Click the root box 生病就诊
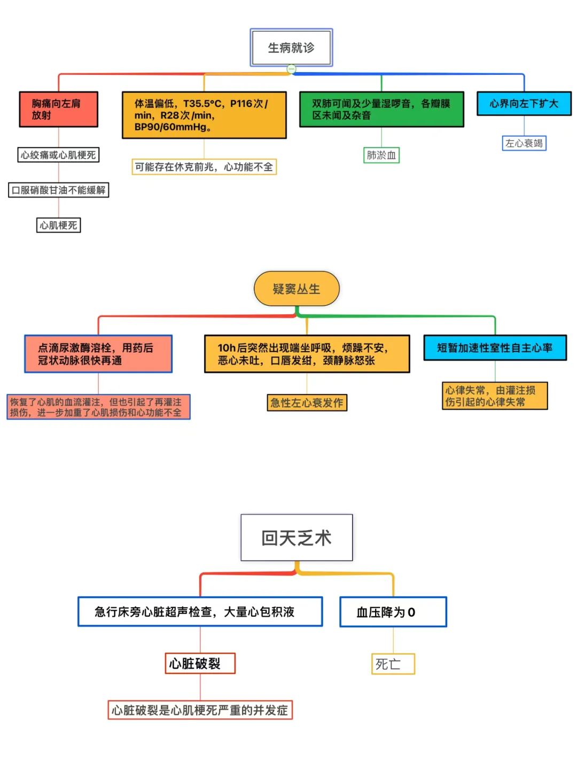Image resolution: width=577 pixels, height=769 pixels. pos(291,48)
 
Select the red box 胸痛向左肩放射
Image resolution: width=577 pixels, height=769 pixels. pos(58,109)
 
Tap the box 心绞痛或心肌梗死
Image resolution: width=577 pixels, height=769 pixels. pos(58,155)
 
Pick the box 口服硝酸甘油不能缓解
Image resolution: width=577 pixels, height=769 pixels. pos(58,190)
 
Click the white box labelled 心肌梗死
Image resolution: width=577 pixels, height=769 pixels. pos(58,225)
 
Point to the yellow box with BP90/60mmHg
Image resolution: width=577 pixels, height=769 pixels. pos(204,115)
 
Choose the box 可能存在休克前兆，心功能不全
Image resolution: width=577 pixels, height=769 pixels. pos(204,167)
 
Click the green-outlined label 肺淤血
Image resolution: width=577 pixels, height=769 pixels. pos(381,155)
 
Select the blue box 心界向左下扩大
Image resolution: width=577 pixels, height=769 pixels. pos(524,104)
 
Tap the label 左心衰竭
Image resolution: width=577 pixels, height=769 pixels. pos(524,143)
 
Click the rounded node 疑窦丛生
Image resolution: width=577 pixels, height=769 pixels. pos(297,289)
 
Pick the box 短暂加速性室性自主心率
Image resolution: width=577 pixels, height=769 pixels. pos(495,348)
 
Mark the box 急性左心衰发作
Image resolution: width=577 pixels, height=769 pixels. pos(307,402)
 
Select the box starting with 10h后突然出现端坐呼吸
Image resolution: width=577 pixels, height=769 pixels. pos(307,354)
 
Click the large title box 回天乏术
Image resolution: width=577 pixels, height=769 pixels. pos(297,538)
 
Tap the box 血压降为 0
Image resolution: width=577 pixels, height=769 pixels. pos(393,612)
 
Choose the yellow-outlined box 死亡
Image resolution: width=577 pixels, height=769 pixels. pos(393,664)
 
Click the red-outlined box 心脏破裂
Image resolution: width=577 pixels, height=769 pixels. pos(200,663)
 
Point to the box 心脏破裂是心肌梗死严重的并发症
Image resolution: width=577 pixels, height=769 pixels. pos(200,710)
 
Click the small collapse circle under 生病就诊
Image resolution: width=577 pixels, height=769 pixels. pos(291,69)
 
